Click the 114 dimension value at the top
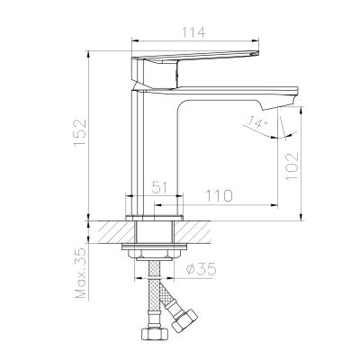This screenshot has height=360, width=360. tap(193, 32)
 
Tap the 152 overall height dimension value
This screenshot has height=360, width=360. tap(81, 133)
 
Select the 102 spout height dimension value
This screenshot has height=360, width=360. tap(292, 166)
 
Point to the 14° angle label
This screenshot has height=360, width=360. tap(256, 123)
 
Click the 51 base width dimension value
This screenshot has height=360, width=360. tap(159, 188)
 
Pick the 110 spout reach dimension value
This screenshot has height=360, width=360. tap(219, 196)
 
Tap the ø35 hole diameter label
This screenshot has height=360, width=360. tap(201, 269)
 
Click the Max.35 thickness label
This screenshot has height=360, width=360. tap(81, 274)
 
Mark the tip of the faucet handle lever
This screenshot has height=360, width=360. tap(257, 53)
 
